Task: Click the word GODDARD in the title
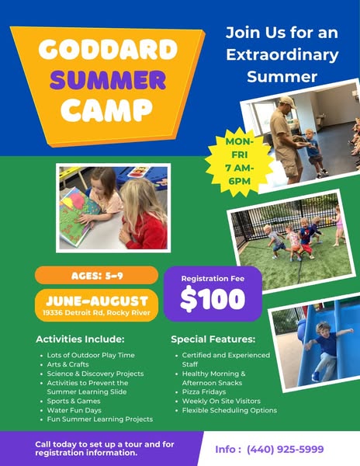108,49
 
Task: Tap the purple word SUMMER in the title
108,80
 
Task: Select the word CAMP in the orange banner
107,110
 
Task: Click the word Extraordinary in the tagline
282,55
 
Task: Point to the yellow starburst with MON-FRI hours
239,162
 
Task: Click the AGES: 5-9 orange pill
96,276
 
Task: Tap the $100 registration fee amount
213,299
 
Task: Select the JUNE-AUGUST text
97,301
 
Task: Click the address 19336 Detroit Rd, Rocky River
96,313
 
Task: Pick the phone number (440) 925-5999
285,449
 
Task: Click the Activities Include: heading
80,339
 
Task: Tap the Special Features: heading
213,339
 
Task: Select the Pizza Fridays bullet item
204,391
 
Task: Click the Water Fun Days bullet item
74,410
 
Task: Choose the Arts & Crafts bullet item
67,364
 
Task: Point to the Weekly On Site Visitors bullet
221,401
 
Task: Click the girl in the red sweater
144,214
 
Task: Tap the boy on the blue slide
327,349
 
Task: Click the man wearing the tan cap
286,140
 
